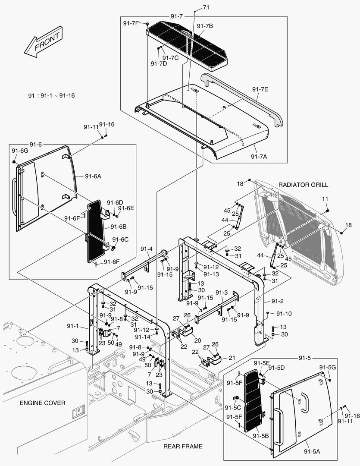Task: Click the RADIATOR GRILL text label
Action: [x=303, y=185]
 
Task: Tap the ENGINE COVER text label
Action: [x=42, y=403]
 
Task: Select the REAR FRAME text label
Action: [x=183, y=446]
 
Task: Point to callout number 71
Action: [x=206, y=7]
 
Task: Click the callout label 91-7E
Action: [x=260, y=89]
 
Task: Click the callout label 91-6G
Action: [x=20, y=151]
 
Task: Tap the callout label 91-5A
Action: [x=312, y=451]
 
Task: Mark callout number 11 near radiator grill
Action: [x=325, y=199]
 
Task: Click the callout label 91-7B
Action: [x=205, y=26]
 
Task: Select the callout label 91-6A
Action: [x=93, y=176]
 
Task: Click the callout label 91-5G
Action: [x=328, y=367]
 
